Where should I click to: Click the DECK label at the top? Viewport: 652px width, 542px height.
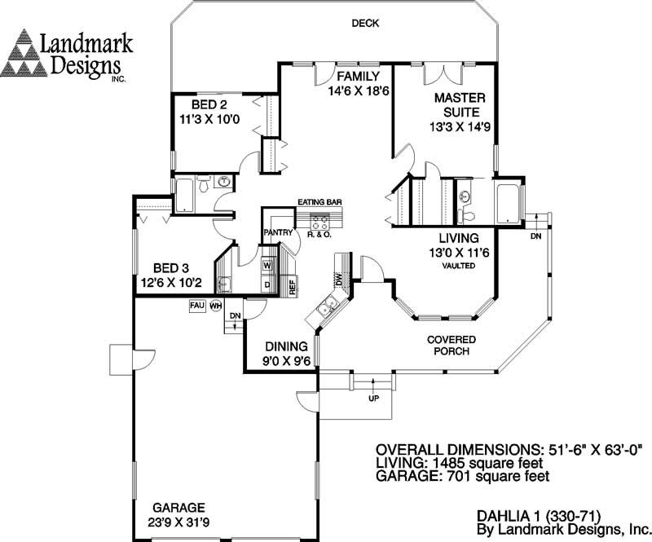point(365,24)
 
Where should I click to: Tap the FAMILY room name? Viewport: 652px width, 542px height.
point(359,77)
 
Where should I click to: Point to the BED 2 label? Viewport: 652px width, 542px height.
point(209,105)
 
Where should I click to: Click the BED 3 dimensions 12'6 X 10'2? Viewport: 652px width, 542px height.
point(171,284)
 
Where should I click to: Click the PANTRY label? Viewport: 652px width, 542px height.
point(278,232)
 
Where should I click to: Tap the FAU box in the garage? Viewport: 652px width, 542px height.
point(196,305)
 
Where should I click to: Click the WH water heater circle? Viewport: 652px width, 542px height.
point(216,306)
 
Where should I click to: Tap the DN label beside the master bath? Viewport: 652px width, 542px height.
point(535,236)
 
